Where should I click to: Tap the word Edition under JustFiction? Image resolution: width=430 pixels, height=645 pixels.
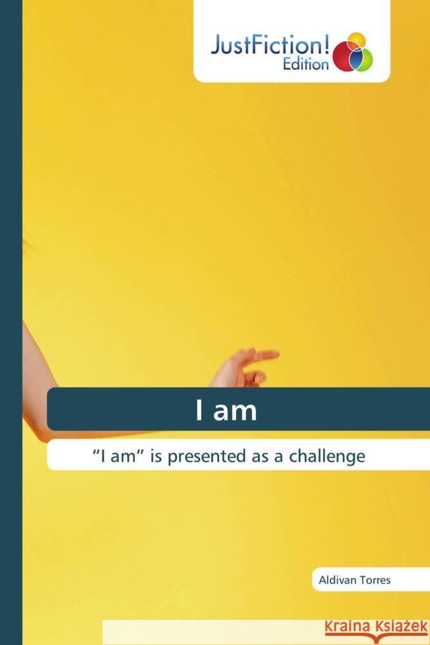point(306,64)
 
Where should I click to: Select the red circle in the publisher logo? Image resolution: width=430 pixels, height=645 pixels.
point(344,57)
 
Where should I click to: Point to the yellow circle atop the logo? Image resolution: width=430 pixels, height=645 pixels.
point(356,41)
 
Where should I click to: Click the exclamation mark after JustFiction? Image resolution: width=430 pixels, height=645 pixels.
point(327,44)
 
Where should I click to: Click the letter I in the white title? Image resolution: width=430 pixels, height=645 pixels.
point(199,410)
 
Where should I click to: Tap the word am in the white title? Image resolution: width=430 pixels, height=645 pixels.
point(235,413)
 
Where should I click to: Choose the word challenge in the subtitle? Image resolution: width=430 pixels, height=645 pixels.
point(327,456)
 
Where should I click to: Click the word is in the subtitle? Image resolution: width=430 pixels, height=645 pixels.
point(156,456)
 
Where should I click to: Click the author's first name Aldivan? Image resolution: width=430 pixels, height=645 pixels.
point(334,580)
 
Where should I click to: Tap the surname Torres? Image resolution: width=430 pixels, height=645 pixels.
point(371,580)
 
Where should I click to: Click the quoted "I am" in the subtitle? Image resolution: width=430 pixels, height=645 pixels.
point(117,456)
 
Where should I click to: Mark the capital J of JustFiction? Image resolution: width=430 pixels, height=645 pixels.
point(216,45)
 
